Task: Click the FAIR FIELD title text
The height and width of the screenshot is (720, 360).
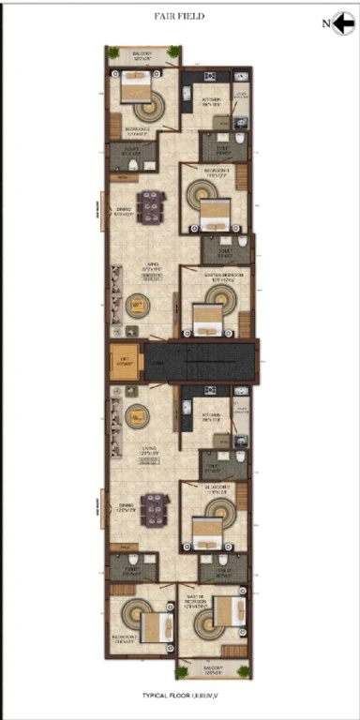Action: [x=179, y=16]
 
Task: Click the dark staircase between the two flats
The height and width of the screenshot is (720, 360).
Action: [x=199, y=361]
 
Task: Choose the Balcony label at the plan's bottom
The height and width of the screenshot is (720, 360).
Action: [x=212, y=669]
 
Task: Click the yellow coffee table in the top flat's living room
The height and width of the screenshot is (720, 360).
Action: [x=137, y=304]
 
